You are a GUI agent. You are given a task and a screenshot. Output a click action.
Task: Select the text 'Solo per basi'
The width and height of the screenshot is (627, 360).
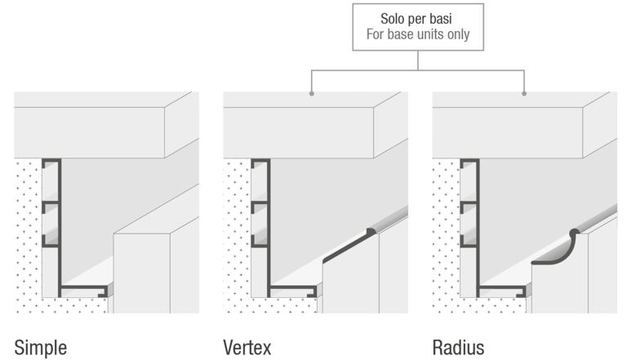(418, 18)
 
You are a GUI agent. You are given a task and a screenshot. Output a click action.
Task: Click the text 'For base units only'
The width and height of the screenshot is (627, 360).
(418, 36)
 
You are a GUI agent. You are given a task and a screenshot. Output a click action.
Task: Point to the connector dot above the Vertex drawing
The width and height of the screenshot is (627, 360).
(313, 94)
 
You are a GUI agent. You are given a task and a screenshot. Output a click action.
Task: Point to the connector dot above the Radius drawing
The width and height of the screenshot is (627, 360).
(523, 94)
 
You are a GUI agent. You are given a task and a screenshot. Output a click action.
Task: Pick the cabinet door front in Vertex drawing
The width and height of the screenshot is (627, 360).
(351, 286)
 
